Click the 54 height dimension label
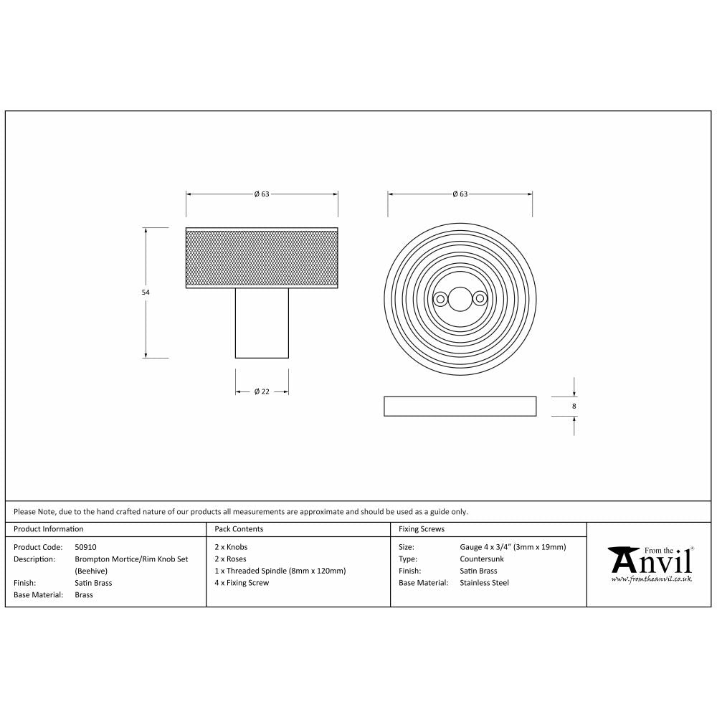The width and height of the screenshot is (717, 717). coord(146,293)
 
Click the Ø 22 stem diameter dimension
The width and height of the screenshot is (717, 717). coord(262,391)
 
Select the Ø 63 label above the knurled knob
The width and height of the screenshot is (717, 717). coord(262,194)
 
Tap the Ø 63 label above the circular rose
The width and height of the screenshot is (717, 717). coord(460,194)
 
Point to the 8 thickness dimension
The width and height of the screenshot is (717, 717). coord(574,407)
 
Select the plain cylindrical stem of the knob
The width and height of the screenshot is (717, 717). coord(262,323)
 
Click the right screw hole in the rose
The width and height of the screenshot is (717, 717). coord(478,298)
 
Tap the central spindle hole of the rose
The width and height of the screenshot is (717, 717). coord(460,298)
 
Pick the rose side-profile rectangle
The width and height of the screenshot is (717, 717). coord(460,406)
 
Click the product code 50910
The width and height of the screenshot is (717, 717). coord(85,546)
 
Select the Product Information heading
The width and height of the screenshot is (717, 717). coord(49,529)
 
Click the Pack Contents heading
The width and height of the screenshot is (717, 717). coord(239,529)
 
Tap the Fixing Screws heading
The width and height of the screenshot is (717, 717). coord(421,529)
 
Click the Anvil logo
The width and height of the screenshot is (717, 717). coord(650,559)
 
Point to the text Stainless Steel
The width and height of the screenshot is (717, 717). coord(484,583)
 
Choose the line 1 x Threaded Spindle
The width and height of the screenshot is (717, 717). coord(280,571)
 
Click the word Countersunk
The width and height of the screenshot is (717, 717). coord(482,559)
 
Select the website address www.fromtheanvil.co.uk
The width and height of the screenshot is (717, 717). coord(652,579)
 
